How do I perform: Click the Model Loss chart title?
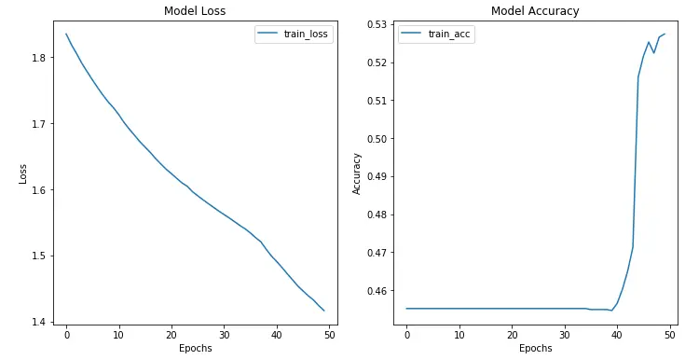click(x=195, y=11)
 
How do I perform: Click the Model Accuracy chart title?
click(x=535, y=11)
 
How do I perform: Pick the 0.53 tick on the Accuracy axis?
click(x=377, y=24)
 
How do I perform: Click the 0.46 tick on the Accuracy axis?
click(x=377, y=291)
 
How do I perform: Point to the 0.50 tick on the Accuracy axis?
click(x=377, y=139)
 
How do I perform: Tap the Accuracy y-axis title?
click(x=356, y=173)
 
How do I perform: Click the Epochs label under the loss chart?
click(x=195, y=349)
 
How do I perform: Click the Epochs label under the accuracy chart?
click(x=535, y=349)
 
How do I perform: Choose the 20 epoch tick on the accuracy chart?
click(x=512, y=334)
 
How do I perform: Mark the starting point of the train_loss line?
click(x=66, y=35)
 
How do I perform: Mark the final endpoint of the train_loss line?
click(x=323, y=311)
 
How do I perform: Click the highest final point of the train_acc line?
click(x=665, y=35)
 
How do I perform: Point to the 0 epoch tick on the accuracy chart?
click(x=406, y=334)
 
